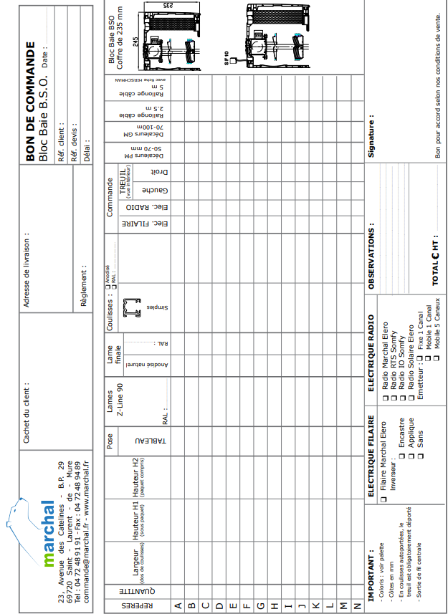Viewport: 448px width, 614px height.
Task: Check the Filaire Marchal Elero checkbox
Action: coord(384,499)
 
